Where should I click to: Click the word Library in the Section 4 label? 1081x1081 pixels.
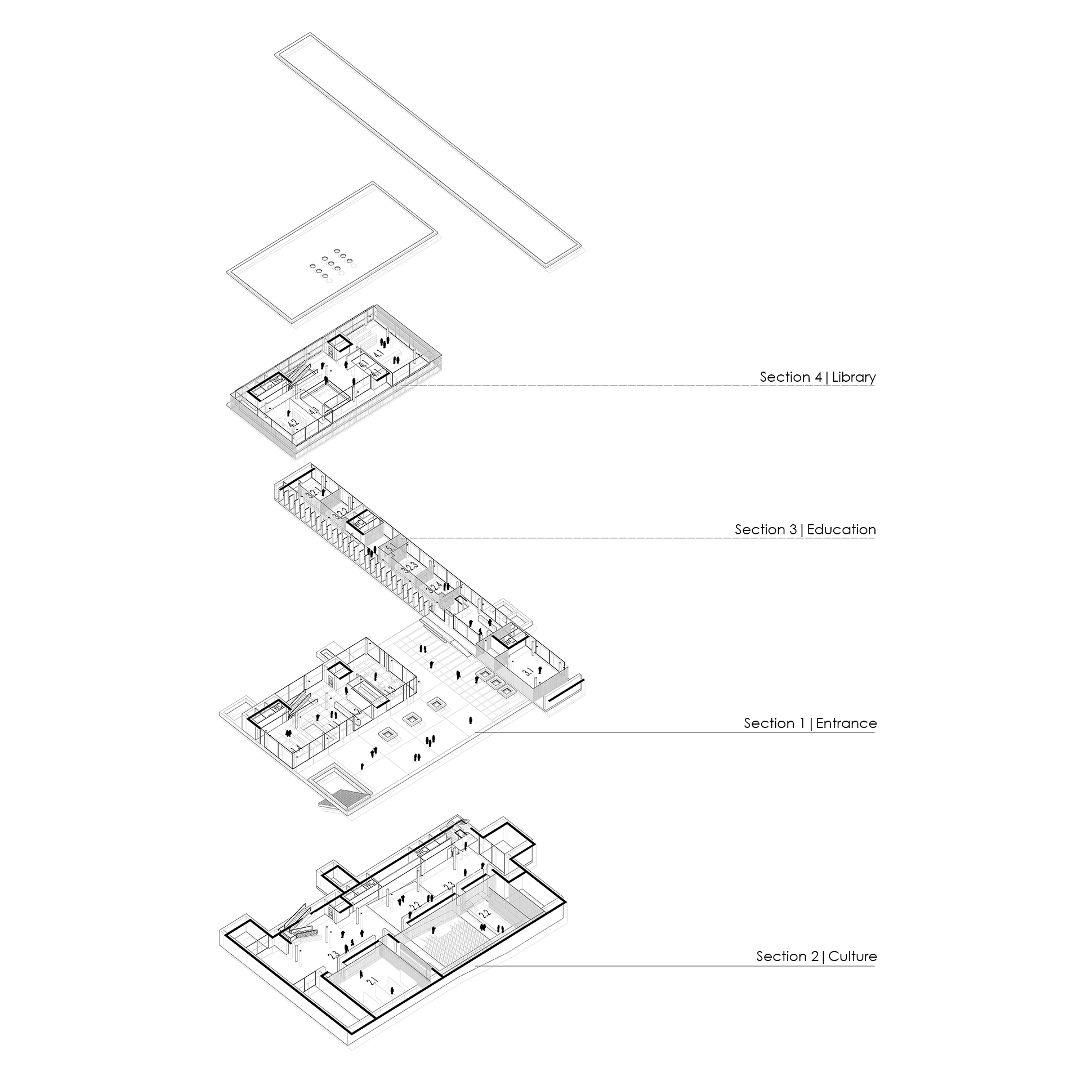pos(854,377)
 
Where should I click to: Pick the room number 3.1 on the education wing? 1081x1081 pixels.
pos(528,672)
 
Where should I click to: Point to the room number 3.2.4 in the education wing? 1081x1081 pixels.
pos(432,589)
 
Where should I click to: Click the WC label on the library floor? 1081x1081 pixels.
pos(276,381)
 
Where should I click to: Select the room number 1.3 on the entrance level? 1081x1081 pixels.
pos(388,690)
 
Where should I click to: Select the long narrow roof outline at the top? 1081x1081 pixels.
pos(428,152)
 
